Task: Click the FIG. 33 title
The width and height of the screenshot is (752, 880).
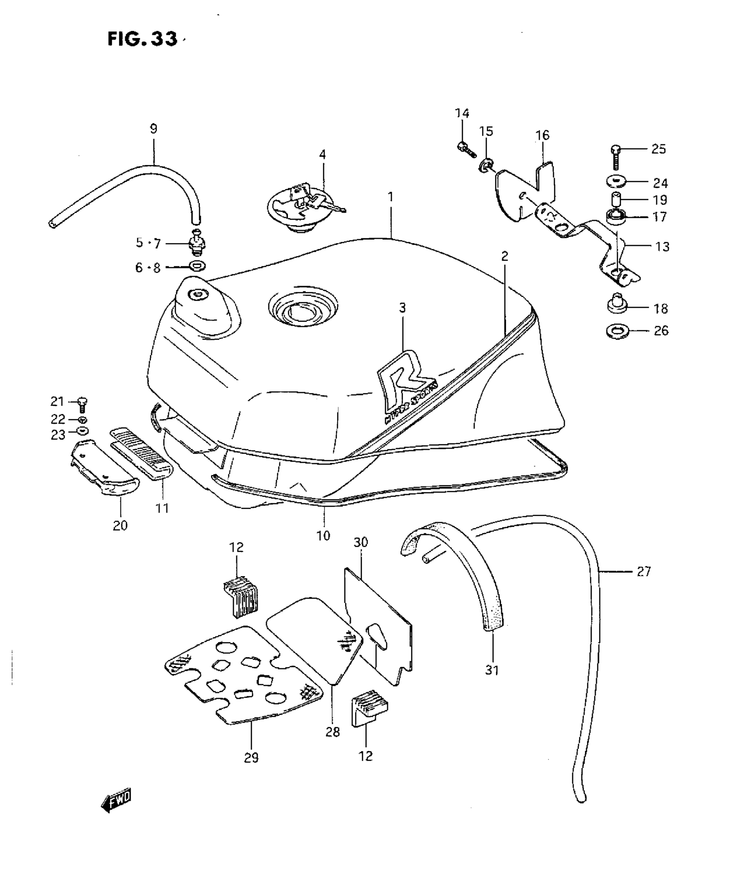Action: (142, 39)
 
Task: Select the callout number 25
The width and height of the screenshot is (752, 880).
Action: (658, 149)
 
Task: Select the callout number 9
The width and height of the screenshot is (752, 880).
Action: (153, 129)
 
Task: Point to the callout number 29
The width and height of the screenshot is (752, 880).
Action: (251, 758)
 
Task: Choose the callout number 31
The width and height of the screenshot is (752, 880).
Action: (492, 670)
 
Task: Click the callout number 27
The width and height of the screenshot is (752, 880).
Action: (644, 572)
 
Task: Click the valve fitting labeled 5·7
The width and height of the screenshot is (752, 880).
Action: (198, 243)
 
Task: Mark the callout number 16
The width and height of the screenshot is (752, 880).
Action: (542, 135)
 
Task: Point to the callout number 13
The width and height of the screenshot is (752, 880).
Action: (662, 246)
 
